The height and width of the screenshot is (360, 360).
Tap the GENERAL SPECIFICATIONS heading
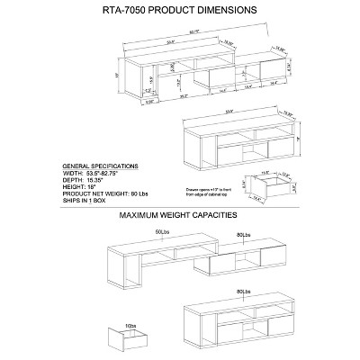(x=99, y=166)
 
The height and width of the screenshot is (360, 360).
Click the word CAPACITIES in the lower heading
(x=214, y=216)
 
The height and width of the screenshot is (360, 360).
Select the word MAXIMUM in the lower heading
(x=137, y=216)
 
